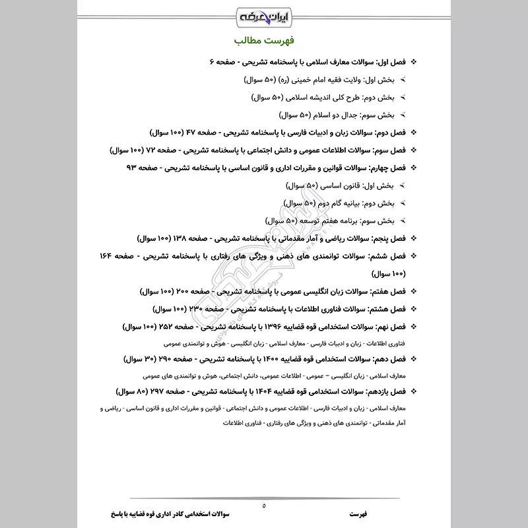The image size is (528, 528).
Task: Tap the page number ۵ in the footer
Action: click(x=264, y=506)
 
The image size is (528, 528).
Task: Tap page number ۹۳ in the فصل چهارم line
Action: click(x=133, y=167)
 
